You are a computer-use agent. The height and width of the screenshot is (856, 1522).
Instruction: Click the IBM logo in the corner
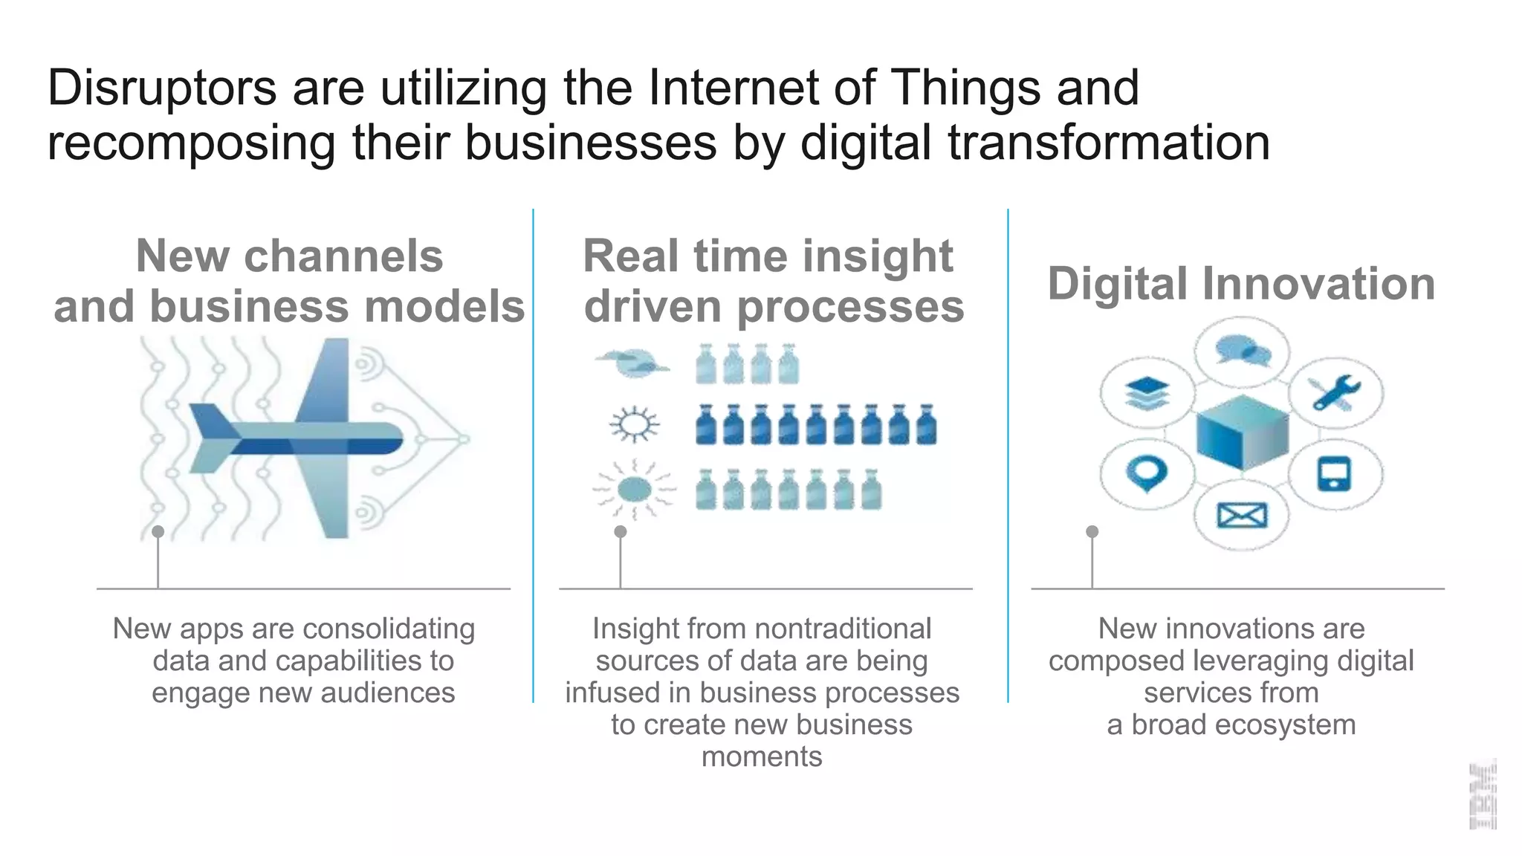[x=1482, y=795]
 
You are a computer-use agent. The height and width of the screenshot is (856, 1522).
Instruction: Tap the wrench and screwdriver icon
[x=1335, y=393]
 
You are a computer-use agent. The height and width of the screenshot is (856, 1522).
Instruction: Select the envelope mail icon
[x=1241, y=514]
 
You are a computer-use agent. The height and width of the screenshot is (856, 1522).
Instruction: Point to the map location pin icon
[x=1147, y=473]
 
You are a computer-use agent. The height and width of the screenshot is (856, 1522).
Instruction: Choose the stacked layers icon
[x=1147, y=393]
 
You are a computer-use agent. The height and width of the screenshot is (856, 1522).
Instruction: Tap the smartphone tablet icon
[x=1334, y=474]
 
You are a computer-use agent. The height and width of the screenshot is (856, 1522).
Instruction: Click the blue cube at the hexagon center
[x=1242, y=432]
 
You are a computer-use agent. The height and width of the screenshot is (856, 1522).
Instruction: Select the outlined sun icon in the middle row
[x=634, y=425]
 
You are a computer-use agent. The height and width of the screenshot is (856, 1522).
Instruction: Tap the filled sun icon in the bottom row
[x=634, y=490]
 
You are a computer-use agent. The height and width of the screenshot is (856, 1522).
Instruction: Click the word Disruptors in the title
[x=162, y=88]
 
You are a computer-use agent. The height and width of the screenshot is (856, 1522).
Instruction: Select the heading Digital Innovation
[x=1241, y=284]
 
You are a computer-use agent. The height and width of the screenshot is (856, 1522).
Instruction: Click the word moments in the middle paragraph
[x=762, y=756]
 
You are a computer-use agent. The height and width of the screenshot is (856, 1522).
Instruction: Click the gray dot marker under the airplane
[x=158, y=531]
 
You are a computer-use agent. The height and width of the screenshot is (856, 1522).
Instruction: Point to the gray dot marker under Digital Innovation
[x=1092, y=531]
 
